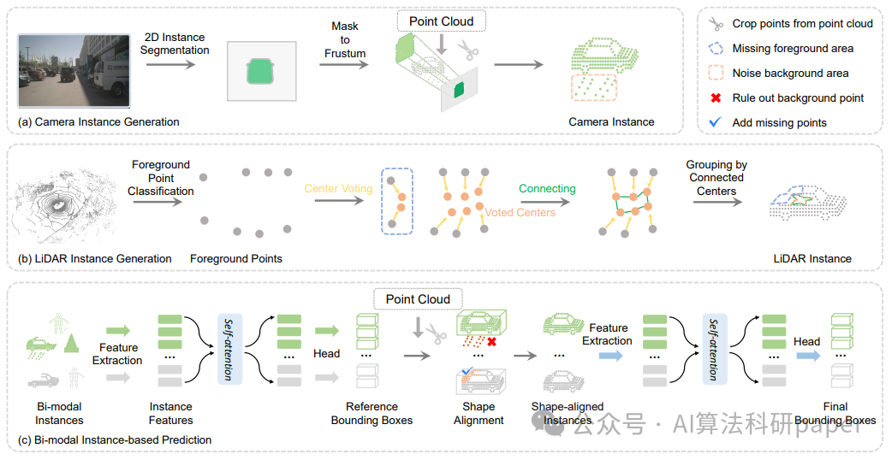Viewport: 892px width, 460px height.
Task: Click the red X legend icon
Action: (x=717, y=97)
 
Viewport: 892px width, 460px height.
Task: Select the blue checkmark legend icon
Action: (x=717, y=122)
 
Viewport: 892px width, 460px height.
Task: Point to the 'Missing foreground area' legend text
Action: (x=793, y=49)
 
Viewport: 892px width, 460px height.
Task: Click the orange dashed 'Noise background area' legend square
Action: (x=717, y=74)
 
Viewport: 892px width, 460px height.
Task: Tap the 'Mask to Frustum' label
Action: (x=345, y=40)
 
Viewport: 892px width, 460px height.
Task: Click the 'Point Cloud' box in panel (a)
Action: (x=442, y=21)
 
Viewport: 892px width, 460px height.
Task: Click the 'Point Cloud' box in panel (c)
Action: (x=418, y=299)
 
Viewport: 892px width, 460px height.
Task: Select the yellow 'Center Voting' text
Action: (x=338, y=189)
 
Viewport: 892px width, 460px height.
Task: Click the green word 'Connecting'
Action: (x=547, y=189)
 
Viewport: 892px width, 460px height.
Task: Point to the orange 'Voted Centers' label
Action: (x=520, y=212)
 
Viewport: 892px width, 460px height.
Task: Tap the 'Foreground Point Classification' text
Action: (x=161, y=178)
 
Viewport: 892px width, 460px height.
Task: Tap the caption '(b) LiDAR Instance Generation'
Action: (x=95, y=258)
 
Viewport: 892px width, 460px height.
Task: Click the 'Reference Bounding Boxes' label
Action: (x=372, y=413)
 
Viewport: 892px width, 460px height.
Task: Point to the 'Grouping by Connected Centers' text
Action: (x=717, y=178)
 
